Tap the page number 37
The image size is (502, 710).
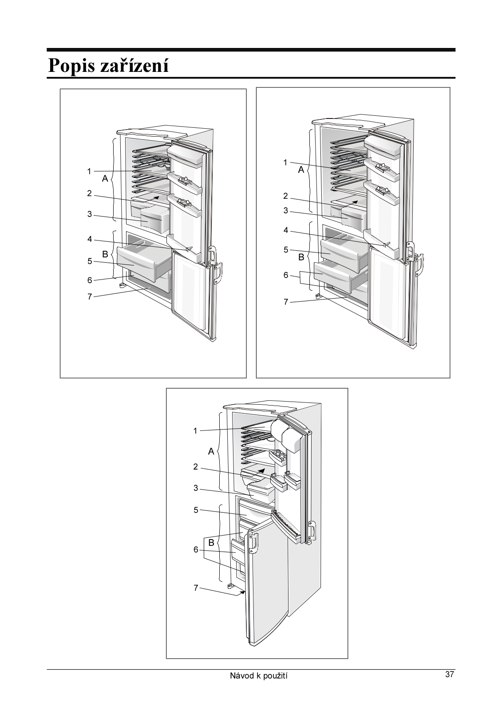450,674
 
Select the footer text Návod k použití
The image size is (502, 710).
259,676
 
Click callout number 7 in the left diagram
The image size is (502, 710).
90,296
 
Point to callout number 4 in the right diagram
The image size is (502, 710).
286,230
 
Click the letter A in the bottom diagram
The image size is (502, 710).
211,452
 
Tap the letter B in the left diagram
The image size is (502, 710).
105,254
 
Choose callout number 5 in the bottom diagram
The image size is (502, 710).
196,510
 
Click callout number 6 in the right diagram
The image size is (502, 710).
286,275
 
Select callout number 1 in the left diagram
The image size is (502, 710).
89,171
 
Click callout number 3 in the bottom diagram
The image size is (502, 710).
196,488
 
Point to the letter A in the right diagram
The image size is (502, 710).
301,170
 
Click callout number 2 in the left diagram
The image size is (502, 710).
89,193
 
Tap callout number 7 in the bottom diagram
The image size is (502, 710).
196,588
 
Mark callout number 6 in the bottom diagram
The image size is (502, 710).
196,550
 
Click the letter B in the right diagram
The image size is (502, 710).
301,257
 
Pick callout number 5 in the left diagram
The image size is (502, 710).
90,261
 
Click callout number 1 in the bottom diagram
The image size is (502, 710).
195,430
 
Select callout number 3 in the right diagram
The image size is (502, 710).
286,211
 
